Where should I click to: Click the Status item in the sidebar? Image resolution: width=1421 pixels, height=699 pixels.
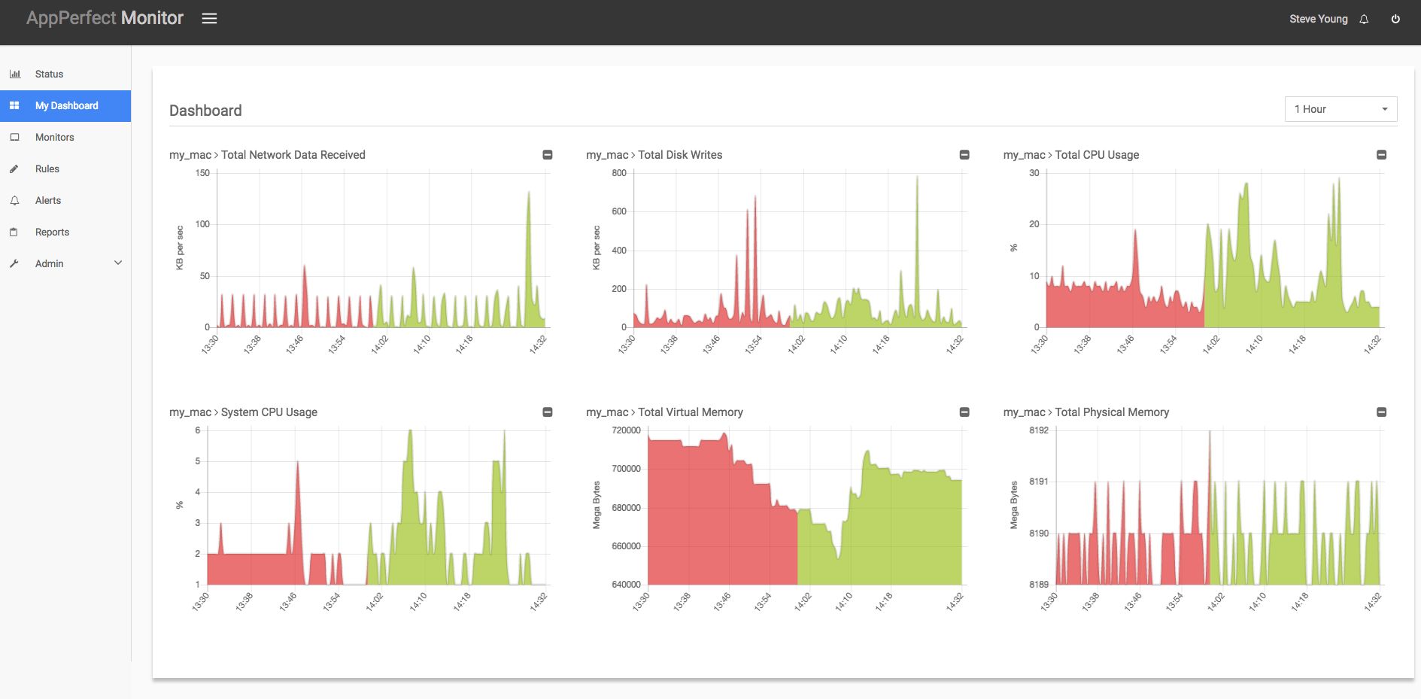point(49,74)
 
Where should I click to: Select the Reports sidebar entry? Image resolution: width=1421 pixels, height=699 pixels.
point(52,232)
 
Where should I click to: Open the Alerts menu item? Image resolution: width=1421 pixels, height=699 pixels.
point(47,200)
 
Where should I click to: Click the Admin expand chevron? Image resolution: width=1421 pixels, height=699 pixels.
point(118,263)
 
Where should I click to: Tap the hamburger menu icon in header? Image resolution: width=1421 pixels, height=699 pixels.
point(209,19)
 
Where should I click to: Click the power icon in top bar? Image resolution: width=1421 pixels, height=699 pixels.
point(1395,19)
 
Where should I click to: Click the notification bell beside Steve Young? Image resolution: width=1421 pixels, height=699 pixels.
point(1364,20)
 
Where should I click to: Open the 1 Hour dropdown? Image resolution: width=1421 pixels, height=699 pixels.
point(1341,109)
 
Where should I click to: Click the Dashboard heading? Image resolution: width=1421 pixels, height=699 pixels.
point(205,111)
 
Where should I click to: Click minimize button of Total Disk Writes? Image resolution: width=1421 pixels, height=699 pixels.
point(964,155)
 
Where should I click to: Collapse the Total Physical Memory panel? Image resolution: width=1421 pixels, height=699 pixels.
point(1381,412)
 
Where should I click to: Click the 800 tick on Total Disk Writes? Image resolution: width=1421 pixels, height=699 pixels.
point(619,173)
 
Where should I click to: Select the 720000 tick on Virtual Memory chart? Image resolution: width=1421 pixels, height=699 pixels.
point(626,430)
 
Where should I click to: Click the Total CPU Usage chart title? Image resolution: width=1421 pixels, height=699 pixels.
point(1096,155)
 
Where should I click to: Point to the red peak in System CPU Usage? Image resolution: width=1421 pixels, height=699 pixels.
point(298,462)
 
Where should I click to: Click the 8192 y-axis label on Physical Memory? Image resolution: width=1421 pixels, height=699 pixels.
point(1038,430)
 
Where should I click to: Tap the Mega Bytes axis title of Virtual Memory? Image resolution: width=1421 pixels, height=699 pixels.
point(597,505)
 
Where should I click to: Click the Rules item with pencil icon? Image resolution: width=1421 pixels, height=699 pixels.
point(47,169)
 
